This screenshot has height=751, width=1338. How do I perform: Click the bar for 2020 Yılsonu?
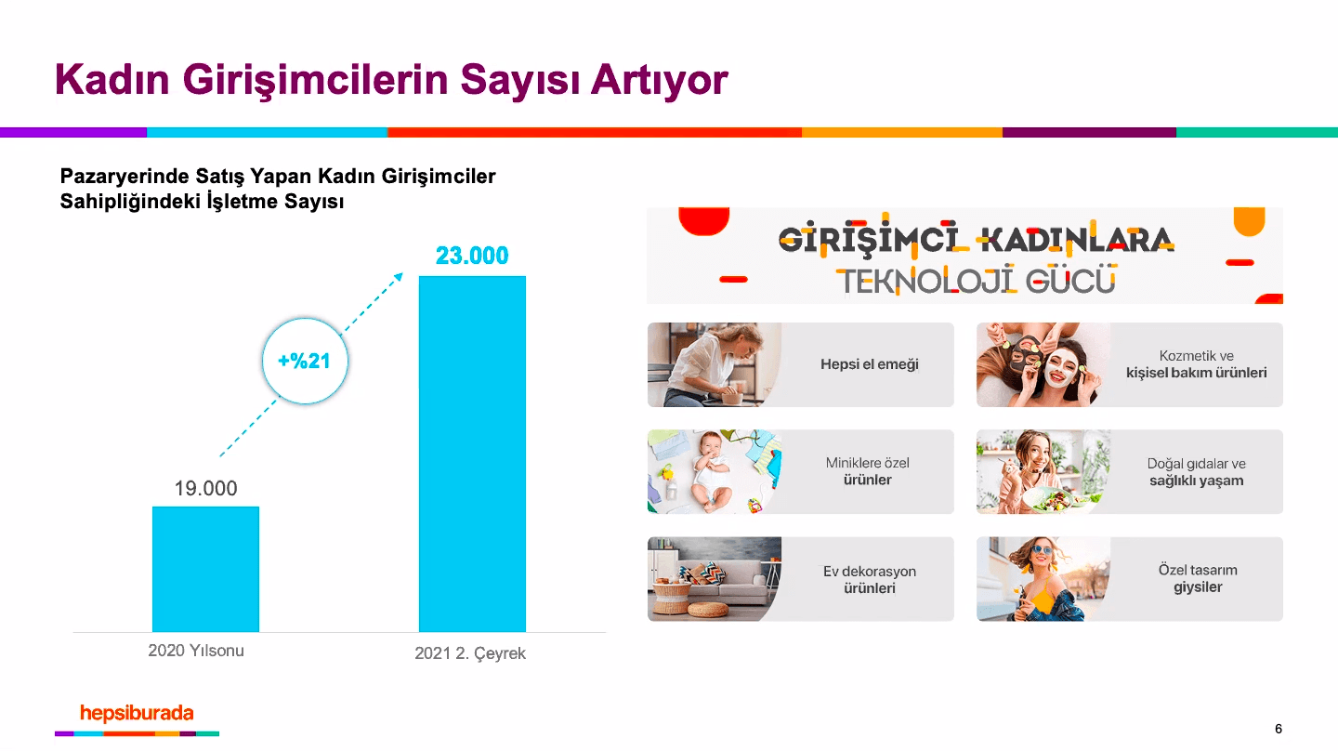205,569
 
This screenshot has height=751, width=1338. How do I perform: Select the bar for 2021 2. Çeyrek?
472,454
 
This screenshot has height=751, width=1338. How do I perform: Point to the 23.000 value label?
472,256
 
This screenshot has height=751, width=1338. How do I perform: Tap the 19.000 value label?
205,488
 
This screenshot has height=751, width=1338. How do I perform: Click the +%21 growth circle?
305,361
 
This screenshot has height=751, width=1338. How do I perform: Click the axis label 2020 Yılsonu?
196,651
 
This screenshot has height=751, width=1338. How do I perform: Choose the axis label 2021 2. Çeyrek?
470,653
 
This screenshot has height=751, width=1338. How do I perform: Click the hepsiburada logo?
137,714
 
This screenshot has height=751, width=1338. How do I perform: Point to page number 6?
1279,729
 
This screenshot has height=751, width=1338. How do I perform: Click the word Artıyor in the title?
660,80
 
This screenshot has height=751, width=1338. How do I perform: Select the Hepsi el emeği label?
869,364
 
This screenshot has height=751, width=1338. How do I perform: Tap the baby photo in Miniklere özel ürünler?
711,472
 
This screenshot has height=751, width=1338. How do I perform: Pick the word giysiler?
1198,587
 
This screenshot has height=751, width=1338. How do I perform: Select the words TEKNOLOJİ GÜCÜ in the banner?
977,282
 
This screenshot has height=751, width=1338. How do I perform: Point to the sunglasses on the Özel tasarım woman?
1043,549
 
